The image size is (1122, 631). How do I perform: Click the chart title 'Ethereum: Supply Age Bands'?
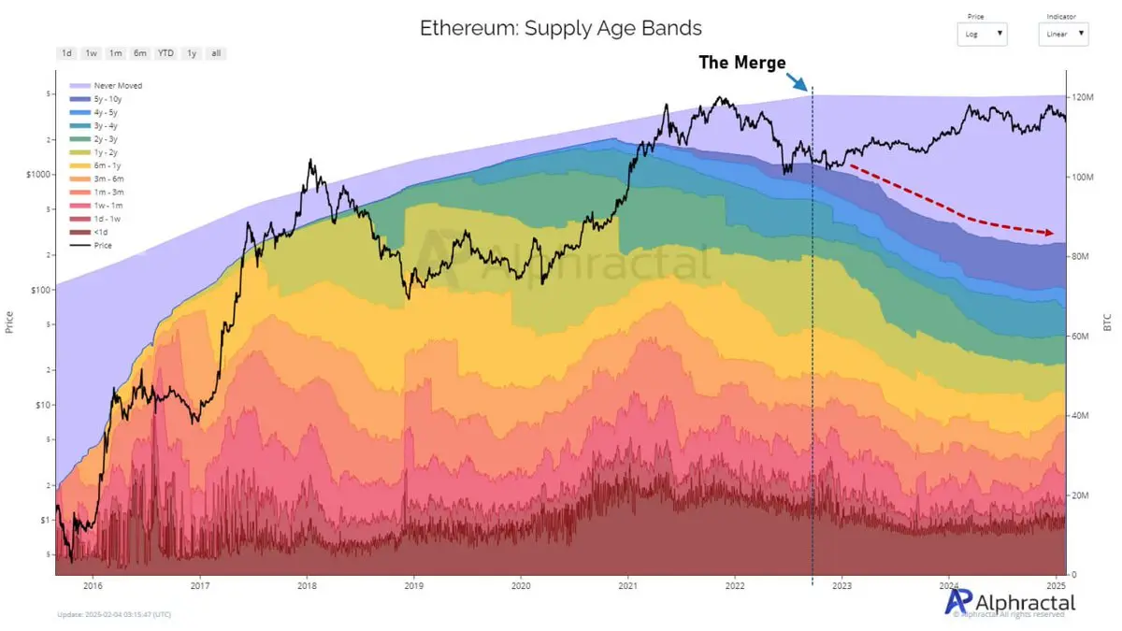click(560, 28)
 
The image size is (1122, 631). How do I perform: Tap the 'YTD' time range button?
click(165, 53)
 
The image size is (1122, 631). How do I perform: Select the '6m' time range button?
click(139, 53)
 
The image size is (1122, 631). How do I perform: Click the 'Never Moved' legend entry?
click(118, 85)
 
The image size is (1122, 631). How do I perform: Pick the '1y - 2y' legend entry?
click(105, 151)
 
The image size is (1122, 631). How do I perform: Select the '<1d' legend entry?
click(99, 231)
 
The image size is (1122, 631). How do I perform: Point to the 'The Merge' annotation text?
click(742, 63)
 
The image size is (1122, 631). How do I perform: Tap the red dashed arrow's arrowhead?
click(1050, 232)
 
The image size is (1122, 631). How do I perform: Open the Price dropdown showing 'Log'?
click(982, 35)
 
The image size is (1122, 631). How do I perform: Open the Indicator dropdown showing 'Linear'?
click(1063, 35)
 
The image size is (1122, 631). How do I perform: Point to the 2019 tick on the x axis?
click(413, 586)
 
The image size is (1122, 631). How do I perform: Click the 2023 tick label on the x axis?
click(841, 586)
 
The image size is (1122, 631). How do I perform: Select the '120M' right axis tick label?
click(1083, 97)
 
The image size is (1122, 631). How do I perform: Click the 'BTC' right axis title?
click(1107, 323)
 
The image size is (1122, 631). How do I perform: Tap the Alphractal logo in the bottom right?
click(1010, 602)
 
